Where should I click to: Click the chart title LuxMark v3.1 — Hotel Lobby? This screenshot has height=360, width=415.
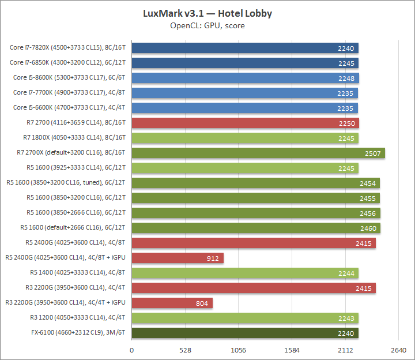(207, 13)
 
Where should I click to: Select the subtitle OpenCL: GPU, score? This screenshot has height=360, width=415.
(207, 25)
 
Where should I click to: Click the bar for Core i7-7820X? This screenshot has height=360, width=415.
(245, 48)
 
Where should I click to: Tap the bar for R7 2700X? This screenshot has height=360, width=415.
(258, 153)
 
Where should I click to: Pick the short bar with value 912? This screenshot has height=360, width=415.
(178, 258)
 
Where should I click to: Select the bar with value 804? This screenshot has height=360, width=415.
(172, 303)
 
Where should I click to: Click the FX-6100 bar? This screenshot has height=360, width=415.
(245, 333)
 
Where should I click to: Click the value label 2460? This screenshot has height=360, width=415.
(368, 228)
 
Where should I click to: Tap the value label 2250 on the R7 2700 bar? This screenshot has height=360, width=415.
(347, 123)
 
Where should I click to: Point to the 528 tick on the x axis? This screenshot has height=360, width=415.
(185, 350)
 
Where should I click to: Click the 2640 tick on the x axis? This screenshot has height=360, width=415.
(398, 350)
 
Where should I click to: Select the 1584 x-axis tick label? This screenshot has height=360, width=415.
(292, 350)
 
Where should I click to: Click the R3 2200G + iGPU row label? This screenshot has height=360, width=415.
(65, 303)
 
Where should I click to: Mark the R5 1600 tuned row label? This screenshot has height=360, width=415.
(66, 183)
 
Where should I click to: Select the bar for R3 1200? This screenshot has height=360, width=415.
(245, 318)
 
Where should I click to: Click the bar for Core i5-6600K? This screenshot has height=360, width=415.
(245, 108)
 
